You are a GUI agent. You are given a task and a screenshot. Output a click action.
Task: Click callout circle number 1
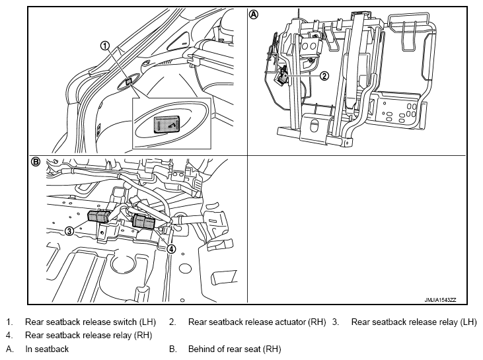tap(105, 46)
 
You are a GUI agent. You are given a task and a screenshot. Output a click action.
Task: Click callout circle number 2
tap(324, 76)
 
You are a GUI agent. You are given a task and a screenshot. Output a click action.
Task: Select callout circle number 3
tap(69, 231)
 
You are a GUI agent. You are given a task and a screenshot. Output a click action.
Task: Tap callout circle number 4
tap(171, 249)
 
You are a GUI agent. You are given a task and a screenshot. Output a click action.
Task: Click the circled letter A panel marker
tap(254, 15)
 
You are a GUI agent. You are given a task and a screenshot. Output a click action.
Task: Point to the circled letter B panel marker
tap(36, 161)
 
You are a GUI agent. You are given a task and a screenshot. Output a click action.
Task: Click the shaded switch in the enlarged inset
tap(167, 124)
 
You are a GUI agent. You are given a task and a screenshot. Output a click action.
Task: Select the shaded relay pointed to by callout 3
tap(98, 216)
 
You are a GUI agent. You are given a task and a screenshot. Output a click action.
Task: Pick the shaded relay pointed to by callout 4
tap(143, 221)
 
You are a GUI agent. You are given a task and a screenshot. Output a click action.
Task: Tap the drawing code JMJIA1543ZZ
tap(440, 300)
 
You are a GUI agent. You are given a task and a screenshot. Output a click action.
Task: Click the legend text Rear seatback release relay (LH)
tap(414, 322)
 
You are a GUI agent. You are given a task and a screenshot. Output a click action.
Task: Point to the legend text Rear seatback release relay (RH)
tap(89, 335)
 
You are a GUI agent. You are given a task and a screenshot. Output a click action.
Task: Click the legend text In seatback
tap(47, 349)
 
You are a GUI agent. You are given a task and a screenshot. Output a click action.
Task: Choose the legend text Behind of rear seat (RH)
tap(235, 349)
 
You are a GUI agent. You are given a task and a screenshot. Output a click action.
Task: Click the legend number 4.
tap(9, 335)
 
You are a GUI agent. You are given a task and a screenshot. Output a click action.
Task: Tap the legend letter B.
tap(172, 349)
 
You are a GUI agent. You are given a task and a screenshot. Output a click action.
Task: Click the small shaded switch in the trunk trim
tap(129, 82)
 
